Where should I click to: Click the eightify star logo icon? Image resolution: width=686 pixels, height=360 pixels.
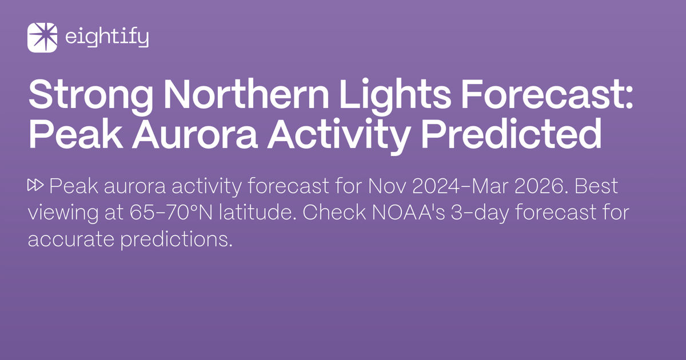pyautogui.click(x=42, y=38)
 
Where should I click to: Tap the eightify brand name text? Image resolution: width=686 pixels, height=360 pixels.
pyautogui.click(x=107, y=38)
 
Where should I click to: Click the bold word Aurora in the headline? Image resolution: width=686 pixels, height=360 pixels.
pyautogui.click(x=188, y=135)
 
